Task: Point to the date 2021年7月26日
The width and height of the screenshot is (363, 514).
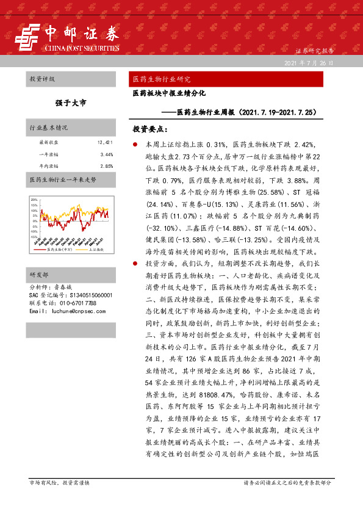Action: tap(309, 63)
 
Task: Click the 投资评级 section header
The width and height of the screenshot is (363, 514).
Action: tap(42, 79)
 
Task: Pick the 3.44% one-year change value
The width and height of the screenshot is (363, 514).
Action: tap(107, 154)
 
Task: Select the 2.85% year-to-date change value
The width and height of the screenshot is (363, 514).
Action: tap(107, 165)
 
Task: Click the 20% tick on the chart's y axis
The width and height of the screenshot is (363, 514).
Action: tap(34, 199)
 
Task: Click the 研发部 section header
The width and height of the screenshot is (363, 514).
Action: tap(38, 275)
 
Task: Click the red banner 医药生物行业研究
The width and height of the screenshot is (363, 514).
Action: tap(162, 79)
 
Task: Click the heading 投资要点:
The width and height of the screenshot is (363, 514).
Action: tap(149, 129)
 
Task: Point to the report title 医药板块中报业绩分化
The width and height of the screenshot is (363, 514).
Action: tap(170, 95)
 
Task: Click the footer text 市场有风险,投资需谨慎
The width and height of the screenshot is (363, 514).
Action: tap(60, 499)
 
